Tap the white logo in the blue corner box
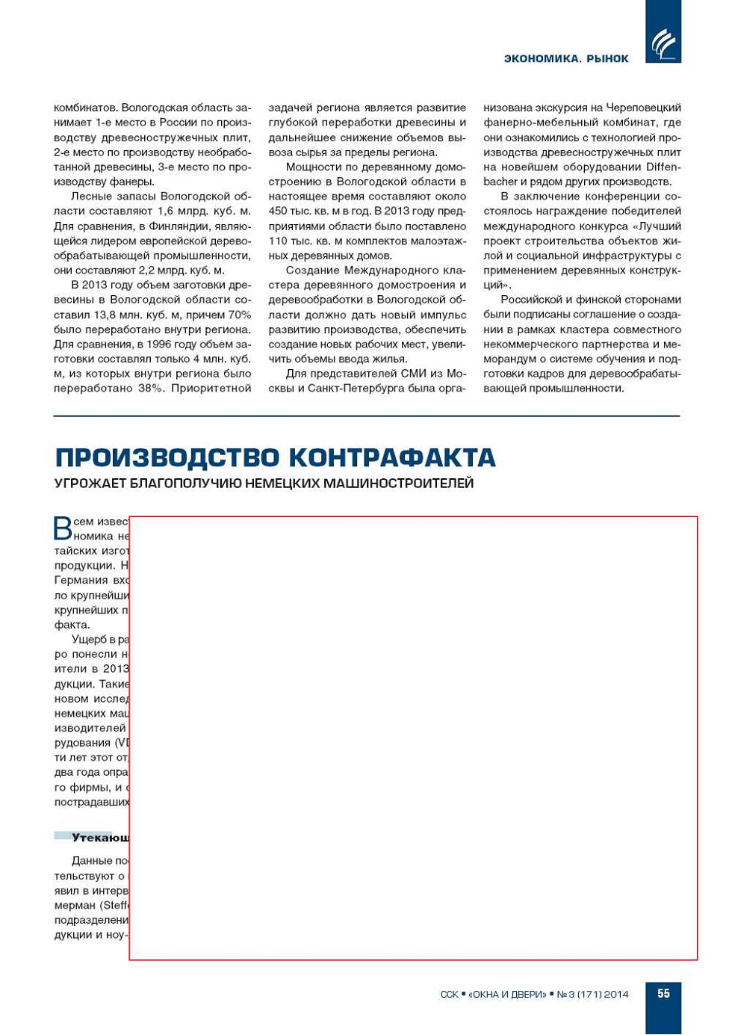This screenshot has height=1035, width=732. click(663, 43)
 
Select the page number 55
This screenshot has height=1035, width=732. click(663, 994)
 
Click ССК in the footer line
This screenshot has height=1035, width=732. click(450, 995)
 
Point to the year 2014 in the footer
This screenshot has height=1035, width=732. click(616, 995)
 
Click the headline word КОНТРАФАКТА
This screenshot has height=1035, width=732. click(392, 457)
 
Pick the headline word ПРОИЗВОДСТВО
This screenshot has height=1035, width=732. click(167, 457)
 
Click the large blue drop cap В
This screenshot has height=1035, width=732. click(63, 528)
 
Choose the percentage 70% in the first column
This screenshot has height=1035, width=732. click(240, 315)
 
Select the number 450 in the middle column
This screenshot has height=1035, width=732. click(278, 211)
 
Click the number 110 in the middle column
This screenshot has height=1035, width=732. click(278, 241)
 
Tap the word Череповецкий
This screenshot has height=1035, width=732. click(643, 108)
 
